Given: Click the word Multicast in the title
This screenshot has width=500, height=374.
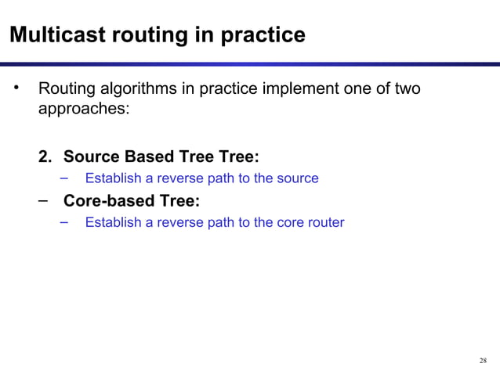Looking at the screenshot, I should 49,35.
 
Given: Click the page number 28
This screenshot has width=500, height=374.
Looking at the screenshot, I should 482,361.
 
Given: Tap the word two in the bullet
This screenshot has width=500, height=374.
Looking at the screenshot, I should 406,89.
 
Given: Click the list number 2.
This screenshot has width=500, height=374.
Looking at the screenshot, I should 46,156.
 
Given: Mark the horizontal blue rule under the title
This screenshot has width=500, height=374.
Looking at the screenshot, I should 250,64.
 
